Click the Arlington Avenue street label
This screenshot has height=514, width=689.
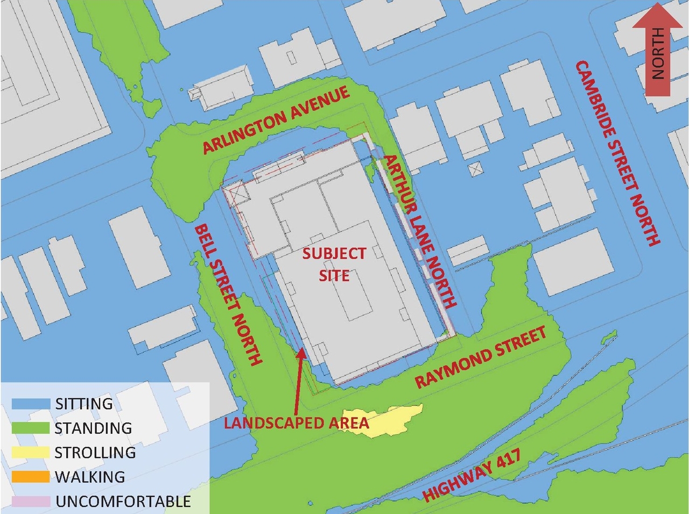tap(276, 120)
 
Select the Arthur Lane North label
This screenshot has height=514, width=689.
tap(420, 232)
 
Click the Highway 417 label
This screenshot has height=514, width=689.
tap(472, 475)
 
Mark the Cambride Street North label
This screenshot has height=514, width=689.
tap(618, 153)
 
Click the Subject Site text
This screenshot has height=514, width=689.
tap(334, 265)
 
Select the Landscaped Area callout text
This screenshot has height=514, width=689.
tap(296, 423)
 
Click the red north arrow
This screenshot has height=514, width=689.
tap(657, 50)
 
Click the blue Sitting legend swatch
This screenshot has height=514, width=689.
tap(31, 404)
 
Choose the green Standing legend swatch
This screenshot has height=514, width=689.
tap(31, 428)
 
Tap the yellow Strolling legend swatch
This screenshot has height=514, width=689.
tap(31, 452)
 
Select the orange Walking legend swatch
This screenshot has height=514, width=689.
tap(31, 477)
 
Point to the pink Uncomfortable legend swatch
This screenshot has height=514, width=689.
tap(31, 501)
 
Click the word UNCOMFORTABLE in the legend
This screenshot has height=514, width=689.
tap(123, 502)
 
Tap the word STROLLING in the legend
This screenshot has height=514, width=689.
tap(95, 453)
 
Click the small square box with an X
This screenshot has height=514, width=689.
tap(475, 170)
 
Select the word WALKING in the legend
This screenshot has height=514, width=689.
tap(90, 477)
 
